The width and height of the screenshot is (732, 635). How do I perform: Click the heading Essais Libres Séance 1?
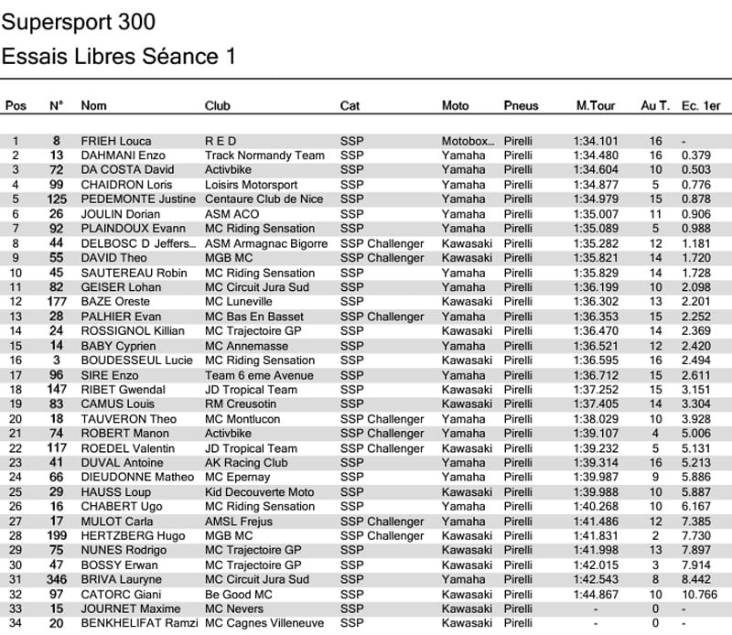coord(119,57)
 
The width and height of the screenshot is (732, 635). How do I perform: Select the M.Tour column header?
coord(595,106)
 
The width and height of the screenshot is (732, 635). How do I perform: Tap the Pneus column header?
coord(521,106)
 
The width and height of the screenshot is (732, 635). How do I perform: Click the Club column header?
coord(218,106)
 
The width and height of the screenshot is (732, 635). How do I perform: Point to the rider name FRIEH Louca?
coord(115,141)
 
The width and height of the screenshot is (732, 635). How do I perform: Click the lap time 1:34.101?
coord(596,141)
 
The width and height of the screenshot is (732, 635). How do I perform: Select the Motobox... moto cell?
coord(468,141)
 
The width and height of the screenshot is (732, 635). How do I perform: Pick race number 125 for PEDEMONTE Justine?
coord(57,199)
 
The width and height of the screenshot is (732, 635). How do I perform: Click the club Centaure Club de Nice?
coord(264,199)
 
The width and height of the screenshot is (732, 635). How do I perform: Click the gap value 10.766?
coord(700,595)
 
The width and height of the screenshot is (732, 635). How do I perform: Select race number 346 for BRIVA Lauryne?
coord(57,580)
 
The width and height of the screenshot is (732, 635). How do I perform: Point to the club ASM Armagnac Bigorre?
coord(264,243)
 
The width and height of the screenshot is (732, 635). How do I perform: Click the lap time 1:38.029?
coord(596,419)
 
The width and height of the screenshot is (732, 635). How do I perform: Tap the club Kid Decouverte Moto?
coord(259,492)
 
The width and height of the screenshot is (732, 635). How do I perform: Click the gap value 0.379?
coord(696,156)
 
